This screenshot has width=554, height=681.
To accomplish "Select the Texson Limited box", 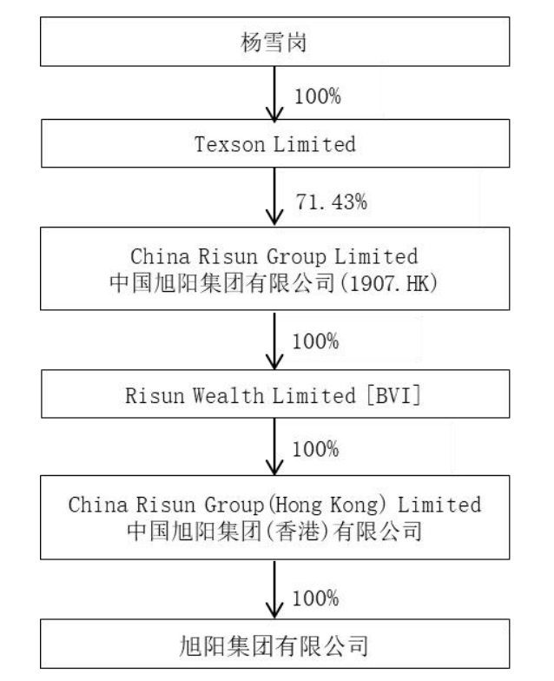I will click(276, 144).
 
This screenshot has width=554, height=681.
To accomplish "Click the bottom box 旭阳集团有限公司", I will click(276, 644).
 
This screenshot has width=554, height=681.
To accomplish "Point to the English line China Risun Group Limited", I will click(276, 257).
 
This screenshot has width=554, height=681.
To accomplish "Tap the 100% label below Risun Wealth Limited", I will click(316, 451).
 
